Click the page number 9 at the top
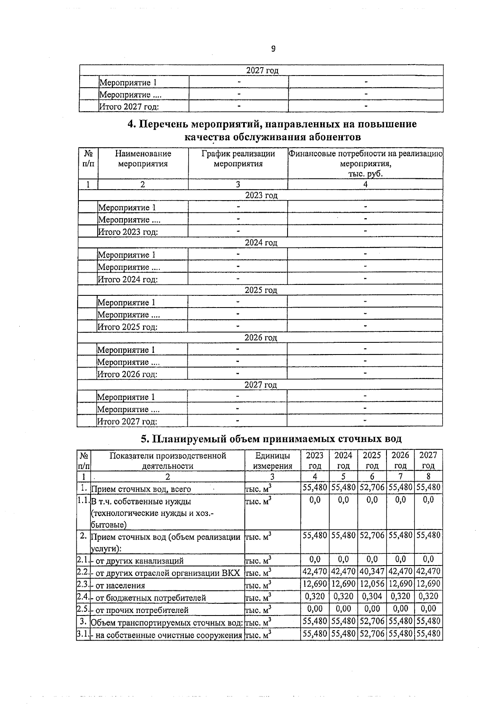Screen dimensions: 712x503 pos(273,49)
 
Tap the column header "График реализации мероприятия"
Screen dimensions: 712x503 pos(238,159)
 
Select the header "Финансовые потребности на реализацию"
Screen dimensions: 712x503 pos(366,154)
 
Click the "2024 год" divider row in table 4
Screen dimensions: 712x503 pos(261,243)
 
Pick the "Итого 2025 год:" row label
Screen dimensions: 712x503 pos(127,327)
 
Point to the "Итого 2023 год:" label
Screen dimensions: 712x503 pos(127,232)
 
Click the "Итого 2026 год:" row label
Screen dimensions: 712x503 pos(127,374)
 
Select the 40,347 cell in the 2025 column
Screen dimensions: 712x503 pos(372,571)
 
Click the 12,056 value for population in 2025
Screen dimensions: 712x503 pos(372,584)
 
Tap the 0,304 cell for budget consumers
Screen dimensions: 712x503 pos(372,596)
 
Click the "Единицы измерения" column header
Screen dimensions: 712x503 pos(272,460)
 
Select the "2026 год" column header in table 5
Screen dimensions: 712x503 pos(400,460)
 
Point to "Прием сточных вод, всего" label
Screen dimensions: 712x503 pos(141,489)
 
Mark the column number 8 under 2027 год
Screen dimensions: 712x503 pos(428,477)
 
